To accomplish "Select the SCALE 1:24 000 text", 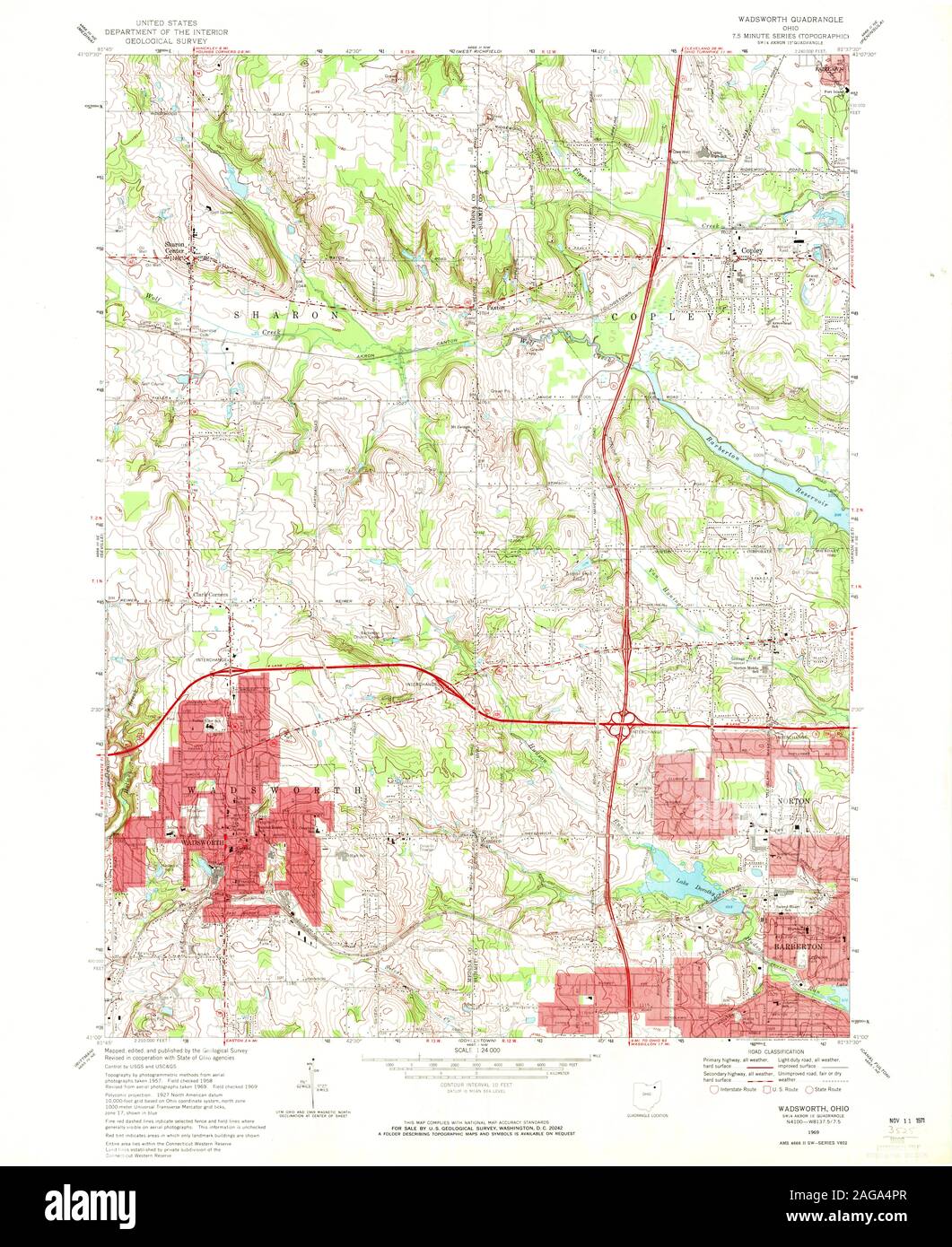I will pyautogui.click(x=476, y=1050).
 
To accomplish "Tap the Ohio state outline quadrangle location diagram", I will pyautogui.click(x=642, y=1096).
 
